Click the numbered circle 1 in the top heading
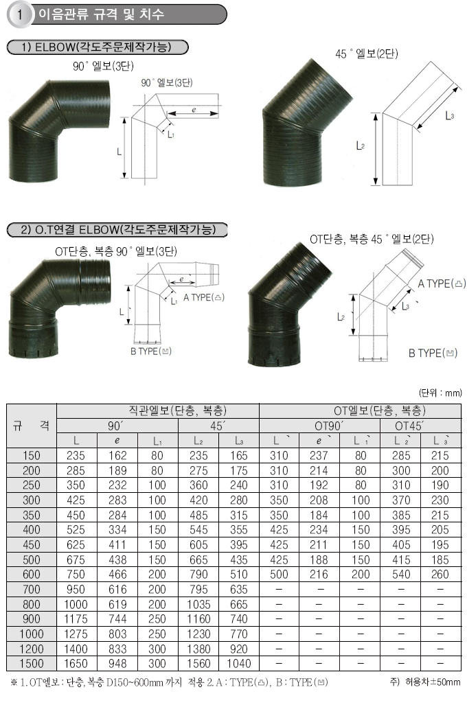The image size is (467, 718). [20, 14]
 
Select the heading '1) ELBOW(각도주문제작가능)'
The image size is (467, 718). [97, 47]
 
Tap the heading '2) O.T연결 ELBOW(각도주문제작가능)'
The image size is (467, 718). [117, 229]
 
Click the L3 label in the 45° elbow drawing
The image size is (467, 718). [450, 116]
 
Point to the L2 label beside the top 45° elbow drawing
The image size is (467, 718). [361, 146]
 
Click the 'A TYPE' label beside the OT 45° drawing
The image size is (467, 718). [442, 284]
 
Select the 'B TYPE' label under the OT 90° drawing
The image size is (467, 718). [151, 351]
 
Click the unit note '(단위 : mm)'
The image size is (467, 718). [440, 393]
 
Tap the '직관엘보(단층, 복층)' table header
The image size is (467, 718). [177, 410]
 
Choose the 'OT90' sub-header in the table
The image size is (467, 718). [329, 426]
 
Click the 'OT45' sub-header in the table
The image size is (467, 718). [409, 426]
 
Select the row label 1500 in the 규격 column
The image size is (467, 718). [31, 664]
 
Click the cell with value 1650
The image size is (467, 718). [76, 664]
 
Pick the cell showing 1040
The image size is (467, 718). [239, 664]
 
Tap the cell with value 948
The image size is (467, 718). [117, 664]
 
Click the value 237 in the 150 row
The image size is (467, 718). [319, 456]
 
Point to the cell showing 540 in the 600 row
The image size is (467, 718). [401, 575]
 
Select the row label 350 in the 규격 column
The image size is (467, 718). [31, 515]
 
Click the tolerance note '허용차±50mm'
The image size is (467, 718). [433, 682]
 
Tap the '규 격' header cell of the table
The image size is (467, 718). [31, 426]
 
